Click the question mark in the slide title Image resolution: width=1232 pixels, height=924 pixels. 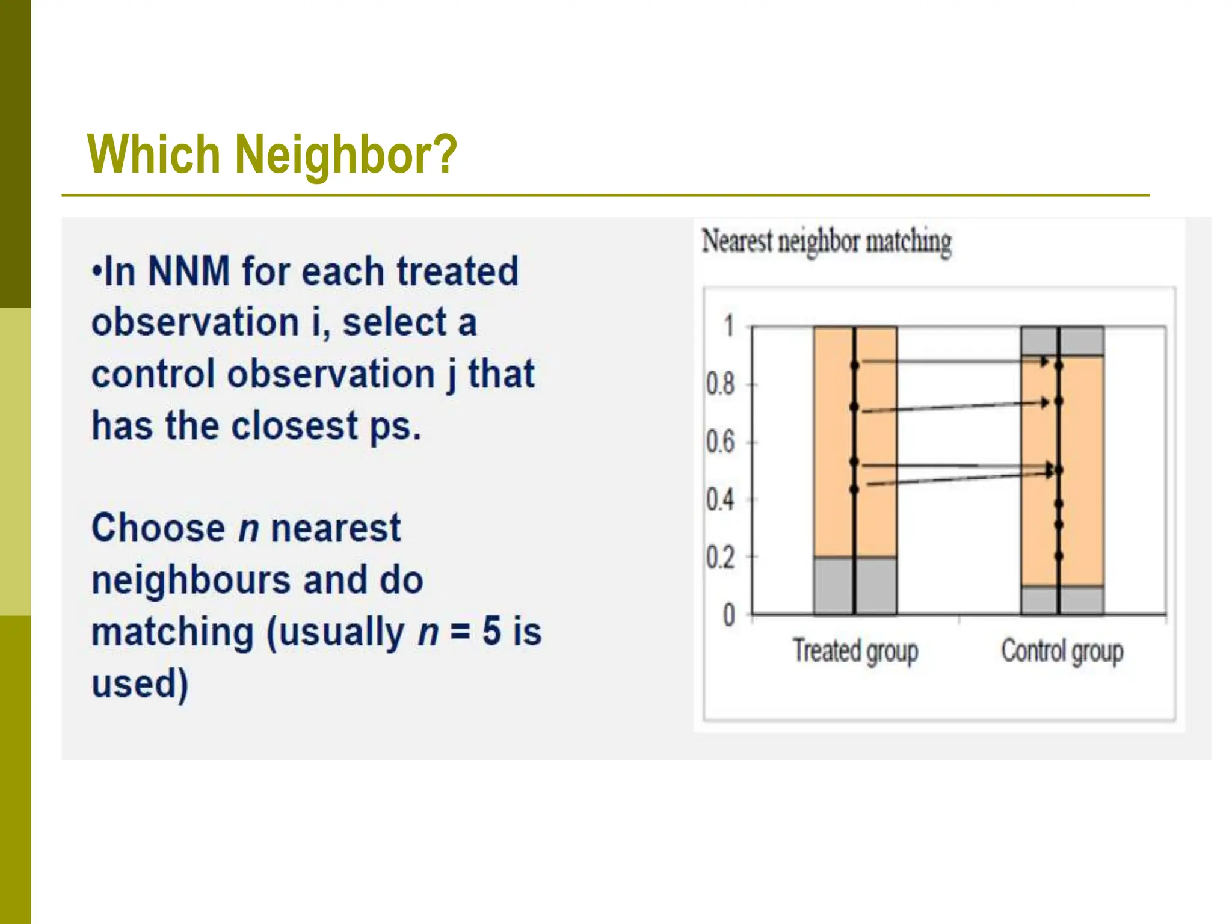pos(444,155)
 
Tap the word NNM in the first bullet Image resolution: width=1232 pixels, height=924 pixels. pos(188,271)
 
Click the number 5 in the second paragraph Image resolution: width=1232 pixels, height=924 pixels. pos(491,632)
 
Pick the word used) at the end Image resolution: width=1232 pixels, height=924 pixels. pos(140,684)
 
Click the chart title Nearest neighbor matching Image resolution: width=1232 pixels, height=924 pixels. pos(827,242)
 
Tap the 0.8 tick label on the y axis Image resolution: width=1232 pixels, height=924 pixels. pos(720,384)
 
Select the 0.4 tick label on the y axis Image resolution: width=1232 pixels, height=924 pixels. pos(720,500)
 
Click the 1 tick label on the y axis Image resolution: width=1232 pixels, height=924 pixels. pos(729,326)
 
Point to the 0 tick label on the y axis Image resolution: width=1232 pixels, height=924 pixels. pos(728,615)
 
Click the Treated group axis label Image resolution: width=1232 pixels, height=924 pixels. pos(855,651)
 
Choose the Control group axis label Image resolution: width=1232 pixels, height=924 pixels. pos(1062,651)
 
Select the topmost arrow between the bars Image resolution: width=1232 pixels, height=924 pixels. pos(953,362)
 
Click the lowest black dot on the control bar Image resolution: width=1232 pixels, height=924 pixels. pos(1059,556)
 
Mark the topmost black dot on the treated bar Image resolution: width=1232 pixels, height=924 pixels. pos(854,365)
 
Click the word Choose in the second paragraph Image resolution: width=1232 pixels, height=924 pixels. pos(158,528)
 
